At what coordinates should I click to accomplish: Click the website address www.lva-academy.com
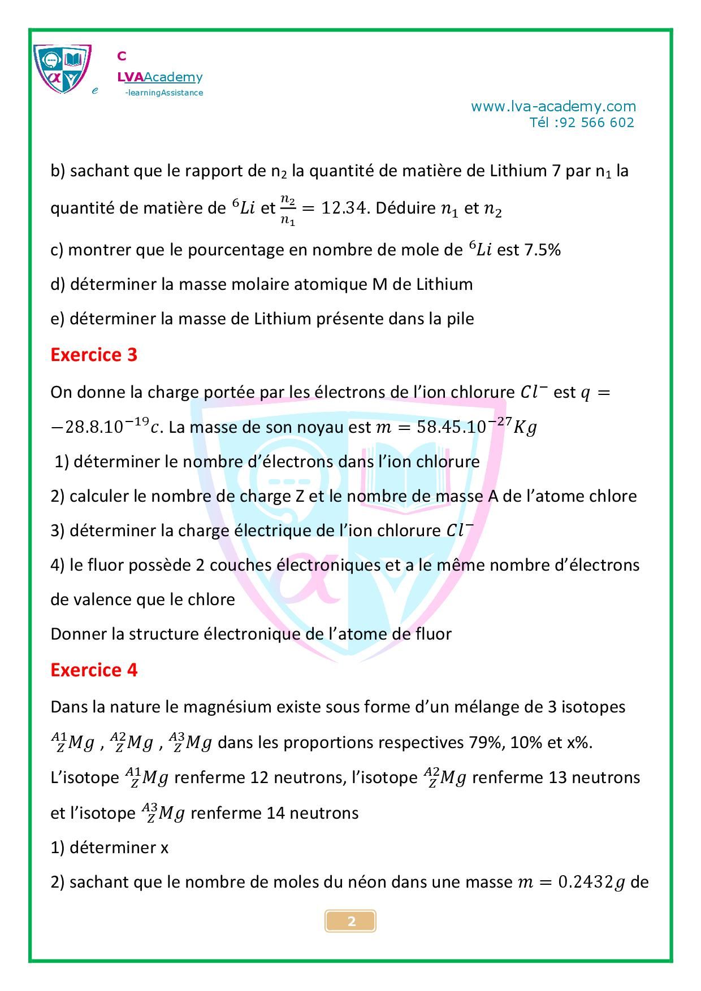(553, 106)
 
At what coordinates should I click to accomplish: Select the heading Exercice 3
(94, 355)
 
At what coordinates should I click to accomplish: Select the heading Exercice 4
(94, 670)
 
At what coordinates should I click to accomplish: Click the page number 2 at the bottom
(350, 922)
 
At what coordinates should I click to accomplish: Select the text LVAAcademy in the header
(159, 77)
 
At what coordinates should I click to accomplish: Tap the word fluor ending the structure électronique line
(435, 634)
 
